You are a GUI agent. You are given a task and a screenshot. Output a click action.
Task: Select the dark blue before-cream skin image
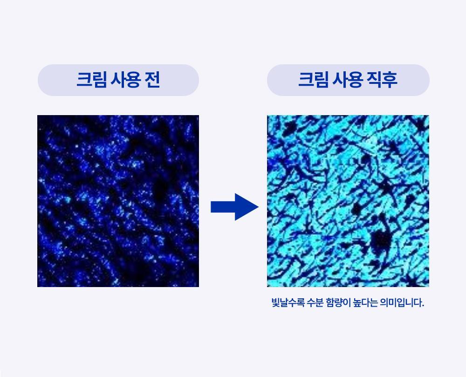[x=118, y=201]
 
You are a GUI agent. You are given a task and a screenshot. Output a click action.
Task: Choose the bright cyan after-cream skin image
[x=348, y=201]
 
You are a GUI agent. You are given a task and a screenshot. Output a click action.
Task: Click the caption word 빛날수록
[x=288, y=303]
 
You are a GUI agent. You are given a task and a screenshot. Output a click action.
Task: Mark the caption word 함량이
[x=342, y=303]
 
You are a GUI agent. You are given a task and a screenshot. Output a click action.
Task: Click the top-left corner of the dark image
[x=38, y=116]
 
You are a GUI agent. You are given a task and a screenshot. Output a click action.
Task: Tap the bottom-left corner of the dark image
[x=38, y=286]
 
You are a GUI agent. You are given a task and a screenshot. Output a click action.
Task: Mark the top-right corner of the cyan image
[x=428, y=116]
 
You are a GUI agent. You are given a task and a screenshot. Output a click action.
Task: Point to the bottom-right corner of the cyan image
[x=428, y=286]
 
